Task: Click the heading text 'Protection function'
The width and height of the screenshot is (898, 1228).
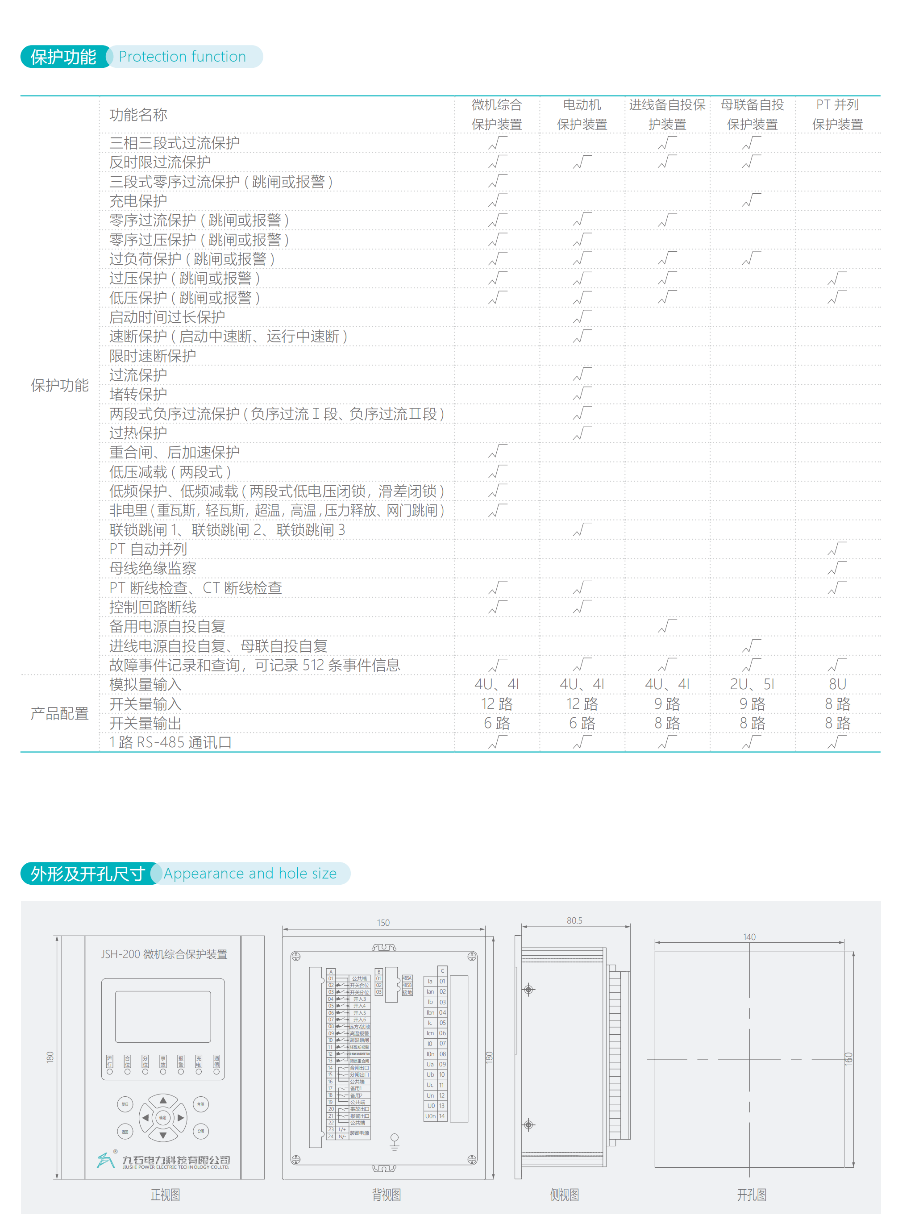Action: tap(182, 57)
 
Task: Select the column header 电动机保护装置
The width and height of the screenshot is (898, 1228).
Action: tap(582, 115)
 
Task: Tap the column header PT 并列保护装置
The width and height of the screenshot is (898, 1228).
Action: tap(837, 115)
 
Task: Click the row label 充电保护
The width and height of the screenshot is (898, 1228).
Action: tap(138, 201)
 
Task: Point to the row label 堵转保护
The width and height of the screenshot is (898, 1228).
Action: tap(138, 394)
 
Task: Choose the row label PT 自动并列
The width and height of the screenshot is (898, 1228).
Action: tap(148, 549)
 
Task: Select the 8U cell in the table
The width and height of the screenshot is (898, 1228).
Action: tap(837, 684)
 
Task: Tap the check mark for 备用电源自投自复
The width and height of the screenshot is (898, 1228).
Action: tap(667, 626)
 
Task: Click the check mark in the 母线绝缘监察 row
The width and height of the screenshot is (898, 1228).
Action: tap(837, 568)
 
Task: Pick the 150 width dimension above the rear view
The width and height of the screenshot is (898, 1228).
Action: tap(383, 923)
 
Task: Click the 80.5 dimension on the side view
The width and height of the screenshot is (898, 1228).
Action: tap(574, 920)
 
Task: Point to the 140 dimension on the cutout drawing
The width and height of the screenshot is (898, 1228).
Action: tap(749, 937)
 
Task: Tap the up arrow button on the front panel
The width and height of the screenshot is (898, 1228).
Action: tap(163, 1100)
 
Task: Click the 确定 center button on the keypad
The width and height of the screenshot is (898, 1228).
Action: tap(162, 1118)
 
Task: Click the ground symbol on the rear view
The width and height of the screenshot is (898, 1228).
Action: tap(395, 1141)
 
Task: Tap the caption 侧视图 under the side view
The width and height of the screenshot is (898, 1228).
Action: tap(564, 1194)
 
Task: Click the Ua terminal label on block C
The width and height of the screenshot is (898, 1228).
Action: tap(430, 1064)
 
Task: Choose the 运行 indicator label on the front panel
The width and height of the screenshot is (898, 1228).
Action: tap(110, 1061)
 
